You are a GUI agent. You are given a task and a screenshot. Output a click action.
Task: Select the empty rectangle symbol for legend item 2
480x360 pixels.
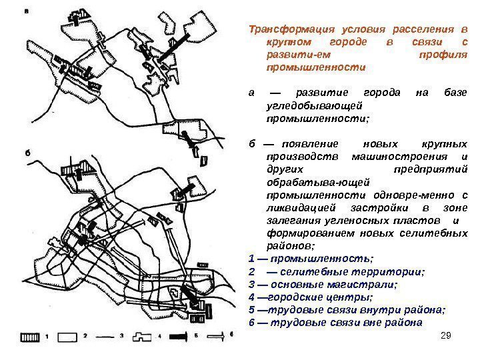click(x=69, y=338)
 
